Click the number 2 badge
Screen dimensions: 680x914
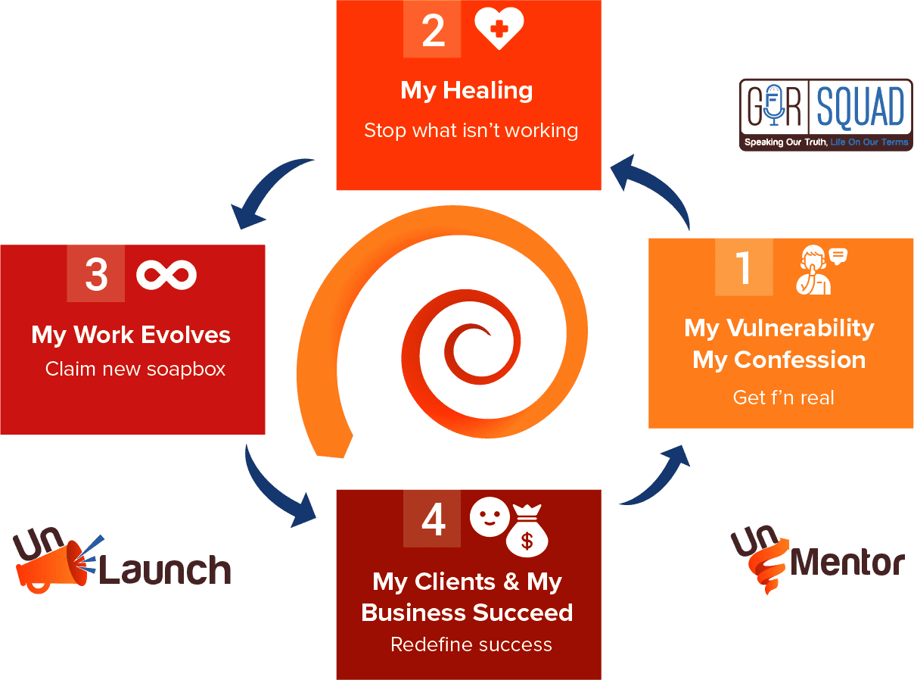point(432,30)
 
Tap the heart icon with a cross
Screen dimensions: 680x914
point(499,28)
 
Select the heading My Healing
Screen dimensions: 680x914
point(467,91)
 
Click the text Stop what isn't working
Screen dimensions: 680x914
point(471,130)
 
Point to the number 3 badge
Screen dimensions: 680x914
point(95,273)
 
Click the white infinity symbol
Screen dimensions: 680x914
point(166,274)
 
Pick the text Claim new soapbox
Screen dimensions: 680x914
point(135,369)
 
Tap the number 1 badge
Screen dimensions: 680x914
point(744,267)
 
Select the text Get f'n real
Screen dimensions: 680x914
point(783,398)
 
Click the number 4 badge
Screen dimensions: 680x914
point(432,519)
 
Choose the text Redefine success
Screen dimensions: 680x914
point(471,644)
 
